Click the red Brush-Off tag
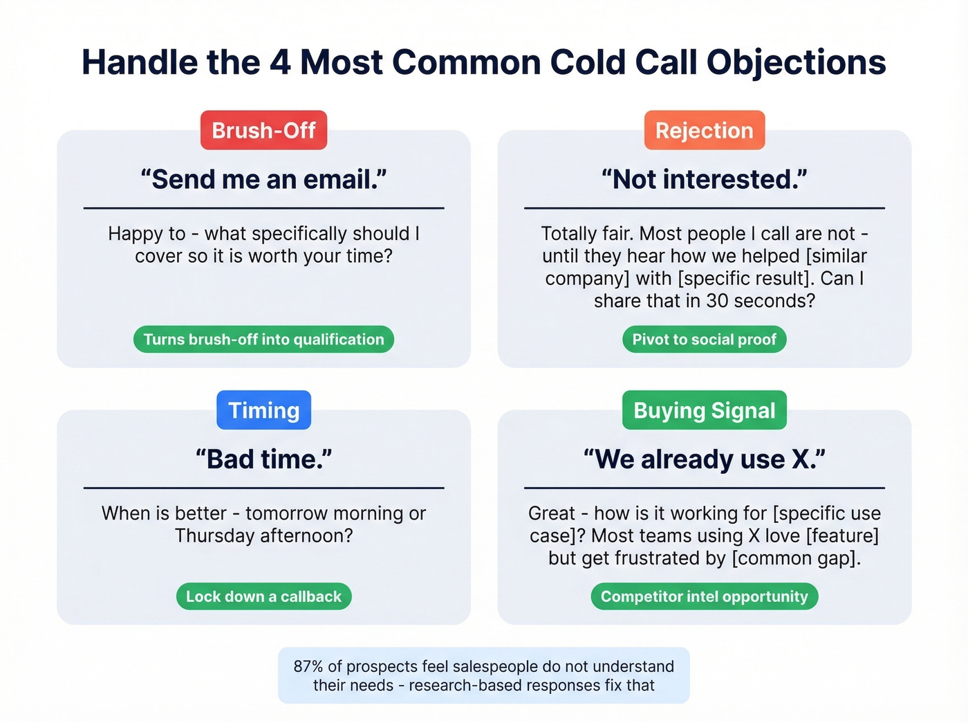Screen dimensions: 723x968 coord(263,130)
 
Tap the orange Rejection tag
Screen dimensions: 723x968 coord(704,130)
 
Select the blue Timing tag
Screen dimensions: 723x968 coord(263,410)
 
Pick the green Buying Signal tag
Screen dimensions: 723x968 coord(704,410)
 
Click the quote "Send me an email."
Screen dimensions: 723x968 coord(263,179)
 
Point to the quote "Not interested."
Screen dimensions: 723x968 coord(704,179)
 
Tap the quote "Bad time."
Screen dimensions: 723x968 coord(263,459)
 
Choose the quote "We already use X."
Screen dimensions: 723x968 coord(704,459)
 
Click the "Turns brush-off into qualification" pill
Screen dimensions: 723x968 coord(263,339)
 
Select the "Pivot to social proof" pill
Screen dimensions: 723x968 coord(704,339)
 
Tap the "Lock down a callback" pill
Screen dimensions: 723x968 coord(263,596)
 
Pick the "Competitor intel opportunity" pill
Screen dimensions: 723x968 coord(704,596)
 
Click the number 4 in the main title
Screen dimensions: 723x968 coord(279,62)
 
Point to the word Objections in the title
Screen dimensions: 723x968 coord(796,62)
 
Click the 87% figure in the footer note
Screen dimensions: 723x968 coord(308,666)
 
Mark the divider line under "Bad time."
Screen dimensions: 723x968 coord(263,488)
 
